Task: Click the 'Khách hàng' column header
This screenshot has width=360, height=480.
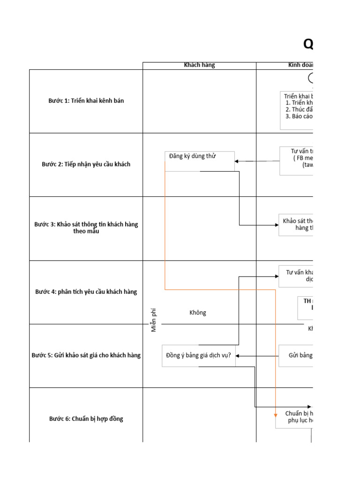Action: tap(199, 65)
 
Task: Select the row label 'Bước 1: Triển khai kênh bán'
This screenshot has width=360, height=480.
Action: tap(86, 101)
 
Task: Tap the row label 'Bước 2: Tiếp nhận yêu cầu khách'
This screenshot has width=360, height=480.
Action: tap(86, 165)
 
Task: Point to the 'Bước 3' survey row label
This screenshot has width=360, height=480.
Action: tap(86, 228)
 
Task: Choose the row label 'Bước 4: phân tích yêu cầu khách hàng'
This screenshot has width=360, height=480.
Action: tap(86, 292)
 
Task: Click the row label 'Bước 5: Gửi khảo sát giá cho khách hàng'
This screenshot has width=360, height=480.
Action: tap(86, 355)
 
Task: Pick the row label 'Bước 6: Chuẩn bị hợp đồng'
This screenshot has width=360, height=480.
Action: tap(86, 419)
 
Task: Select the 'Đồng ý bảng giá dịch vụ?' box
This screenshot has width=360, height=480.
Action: tap(199, 355)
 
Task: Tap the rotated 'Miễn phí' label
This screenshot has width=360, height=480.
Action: tap(154, 320)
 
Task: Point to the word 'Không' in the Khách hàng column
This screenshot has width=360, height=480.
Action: tap(198, 313)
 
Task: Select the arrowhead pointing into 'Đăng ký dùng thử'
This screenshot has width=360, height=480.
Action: tap(237, 161)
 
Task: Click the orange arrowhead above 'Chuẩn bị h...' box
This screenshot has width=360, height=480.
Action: tap(276, 415)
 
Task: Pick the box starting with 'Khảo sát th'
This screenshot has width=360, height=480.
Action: tap(296, 225)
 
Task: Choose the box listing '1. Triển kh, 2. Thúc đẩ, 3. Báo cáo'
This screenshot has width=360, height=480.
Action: tap(297, 110)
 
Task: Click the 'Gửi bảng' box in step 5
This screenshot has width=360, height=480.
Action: tap(296, 356)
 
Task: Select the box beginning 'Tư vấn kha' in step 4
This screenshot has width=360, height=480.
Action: tap(296, 276)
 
